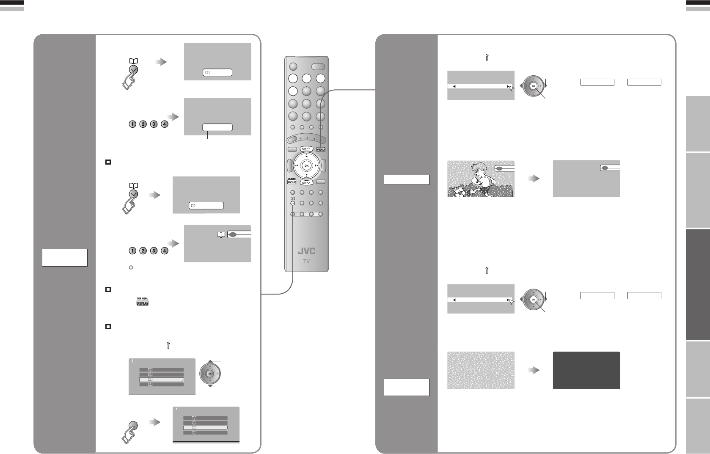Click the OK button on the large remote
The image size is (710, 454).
coord(307,165)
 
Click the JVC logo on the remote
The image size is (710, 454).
coord(306,251)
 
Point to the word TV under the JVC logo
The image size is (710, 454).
coord(306,261)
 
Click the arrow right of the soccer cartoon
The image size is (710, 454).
coord(534,179)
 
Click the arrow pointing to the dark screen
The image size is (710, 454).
coord(534,370)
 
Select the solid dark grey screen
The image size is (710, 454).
coord(586,370)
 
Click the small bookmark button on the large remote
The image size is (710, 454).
coord(292,203)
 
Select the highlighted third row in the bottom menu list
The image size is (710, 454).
coord(205,428)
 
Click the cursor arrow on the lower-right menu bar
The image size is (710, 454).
coord(511,301)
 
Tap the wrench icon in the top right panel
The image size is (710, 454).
coord(487,58)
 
